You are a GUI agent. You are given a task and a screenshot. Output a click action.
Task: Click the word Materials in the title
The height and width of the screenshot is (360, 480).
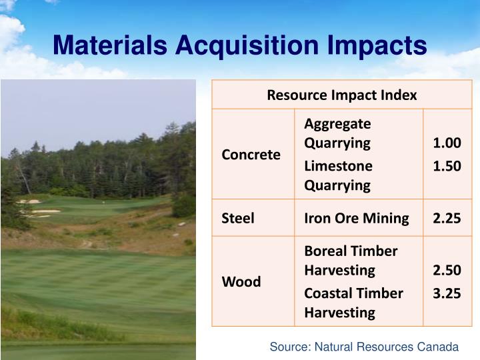point(111,45)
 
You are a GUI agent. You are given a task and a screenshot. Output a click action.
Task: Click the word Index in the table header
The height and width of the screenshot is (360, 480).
point(399,95)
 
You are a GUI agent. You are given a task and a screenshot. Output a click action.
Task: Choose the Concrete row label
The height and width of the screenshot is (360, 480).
point(251,154)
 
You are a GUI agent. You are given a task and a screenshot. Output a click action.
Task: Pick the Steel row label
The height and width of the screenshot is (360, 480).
point(238,218)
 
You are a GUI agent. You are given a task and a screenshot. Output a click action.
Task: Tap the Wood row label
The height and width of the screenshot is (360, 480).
point(241,281)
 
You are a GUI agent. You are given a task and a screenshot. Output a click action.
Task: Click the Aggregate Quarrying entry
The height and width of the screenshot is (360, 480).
point(337,133)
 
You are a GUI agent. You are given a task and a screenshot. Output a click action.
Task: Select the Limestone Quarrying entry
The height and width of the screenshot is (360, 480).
point(338,175)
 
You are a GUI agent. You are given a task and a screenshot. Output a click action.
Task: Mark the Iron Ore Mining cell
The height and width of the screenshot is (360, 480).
point(356,218)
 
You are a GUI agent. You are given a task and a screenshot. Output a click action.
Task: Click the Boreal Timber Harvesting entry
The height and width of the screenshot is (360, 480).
point(351,261)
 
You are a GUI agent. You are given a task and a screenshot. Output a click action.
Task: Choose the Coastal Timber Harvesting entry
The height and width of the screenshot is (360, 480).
point(353,303)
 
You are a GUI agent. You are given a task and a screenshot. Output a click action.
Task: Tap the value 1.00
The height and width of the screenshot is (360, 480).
point(447,143)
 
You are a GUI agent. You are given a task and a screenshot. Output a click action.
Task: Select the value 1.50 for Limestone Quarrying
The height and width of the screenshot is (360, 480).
point(447,166)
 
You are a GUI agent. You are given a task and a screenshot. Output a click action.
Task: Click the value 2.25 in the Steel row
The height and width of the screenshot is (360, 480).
point(447,218)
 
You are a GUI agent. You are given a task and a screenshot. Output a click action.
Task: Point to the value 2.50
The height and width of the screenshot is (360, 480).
point(447,270)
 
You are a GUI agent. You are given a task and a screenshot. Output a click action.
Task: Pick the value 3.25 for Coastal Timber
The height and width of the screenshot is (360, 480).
point(447,293)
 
